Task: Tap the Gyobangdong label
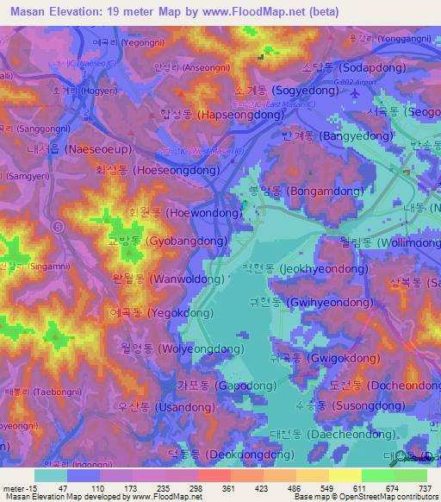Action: (167, 242)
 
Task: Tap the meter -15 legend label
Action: (18, 487)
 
